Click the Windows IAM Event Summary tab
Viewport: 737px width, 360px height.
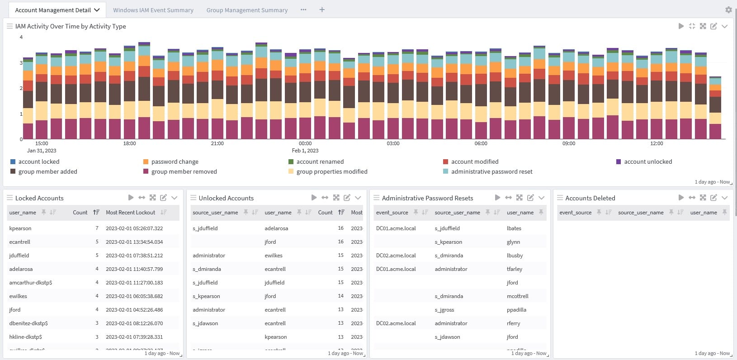point(153,10)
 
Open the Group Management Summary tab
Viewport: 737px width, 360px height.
point(247,10)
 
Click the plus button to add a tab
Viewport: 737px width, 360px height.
point(322,9)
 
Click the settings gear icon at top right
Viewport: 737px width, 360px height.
point(728,9)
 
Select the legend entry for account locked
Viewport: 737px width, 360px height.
point(39,161)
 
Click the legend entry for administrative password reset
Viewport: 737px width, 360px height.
point(491,171)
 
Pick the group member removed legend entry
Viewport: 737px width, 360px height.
point(184,171)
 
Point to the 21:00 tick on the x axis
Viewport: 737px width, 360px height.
point(217,143)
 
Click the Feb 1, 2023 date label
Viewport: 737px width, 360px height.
point(305,151)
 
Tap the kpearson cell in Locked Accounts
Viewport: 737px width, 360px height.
point(20,228)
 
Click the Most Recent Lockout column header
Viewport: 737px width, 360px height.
point(130,212)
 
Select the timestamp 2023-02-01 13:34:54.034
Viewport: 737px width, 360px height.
point(134,242)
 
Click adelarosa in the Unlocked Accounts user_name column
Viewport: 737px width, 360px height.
point(276,228)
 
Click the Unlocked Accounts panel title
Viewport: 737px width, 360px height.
point(226,198)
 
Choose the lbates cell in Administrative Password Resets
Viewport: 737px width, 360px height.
point(514,228)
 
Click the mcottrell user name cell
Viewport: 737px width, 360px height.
point(517,296)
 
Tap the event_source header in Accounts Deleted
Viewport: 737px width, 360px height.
point(575,212)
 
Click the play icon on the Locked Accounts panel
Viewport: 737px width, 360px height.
point(131,198)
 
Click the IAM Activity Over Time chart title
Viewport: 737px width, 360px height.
point(71,26)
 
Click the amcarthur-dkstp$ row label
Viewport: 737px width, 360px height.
point(31,283)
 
